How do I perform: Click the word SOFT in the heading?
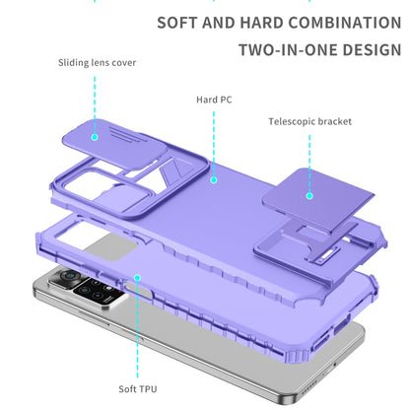(x=177, y=23)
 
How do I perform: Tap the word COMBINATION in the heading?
(x=345, y=23)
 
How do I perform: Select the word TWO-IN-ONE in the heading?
(x=288, y=50)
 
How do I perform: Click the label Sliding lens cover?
(x=97, y=62)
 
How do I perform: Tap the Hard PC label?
(x=214, y=100)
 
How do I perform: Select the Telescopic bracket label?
(x=310, y=121)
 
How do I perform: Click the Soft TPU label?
(x=138, y=389)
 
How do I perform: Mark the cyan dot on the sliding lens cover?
(x=95, y=137)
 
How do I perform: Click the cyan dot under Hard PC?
(x=214, y=179)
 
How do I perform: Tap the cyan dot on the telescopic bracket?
(x=309, y=196)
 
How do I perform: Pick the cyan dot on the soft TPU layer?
(x=137, y=278)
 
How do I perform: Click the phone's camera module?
(x=89, y=288)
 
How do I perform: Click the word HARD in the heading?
(x=261, y=23)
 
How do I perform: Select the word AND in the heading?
(x=219, y=23)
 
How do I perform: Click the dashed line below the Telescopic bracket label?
(x=309, y=164)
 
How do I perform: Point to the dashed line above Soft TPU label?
(x=137, y=329)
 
